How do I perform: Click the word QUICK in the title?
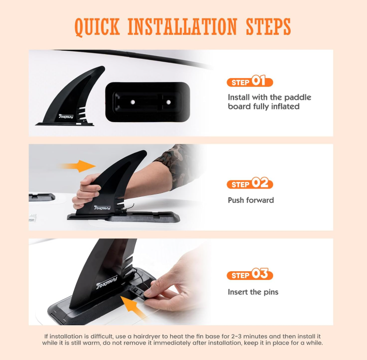click(97, 27)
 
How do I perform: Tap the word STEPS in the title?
click(268, 27)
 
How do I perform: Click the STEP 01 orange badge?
click(250, 81)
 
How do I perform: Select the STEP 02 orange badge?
click(250, 183)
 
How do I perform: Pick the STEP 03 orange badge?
click(250, 274)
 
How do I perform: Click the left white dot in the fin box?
click(133, 102)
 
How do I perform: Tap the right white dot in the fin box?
click(168, 102)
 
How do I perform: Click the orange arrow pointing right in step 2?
click(77, 166)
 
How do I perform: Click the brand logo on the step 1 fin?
click(66, 116)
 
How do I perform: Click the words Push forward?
click(251, 200)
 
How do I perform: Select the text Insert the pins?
click(253, 292)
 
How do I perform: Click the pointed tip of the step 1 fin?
click(103, 67)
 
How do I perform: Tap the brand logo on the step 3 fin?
click(107, 282)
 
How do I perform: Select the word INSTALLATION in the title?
click(182, 27)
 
